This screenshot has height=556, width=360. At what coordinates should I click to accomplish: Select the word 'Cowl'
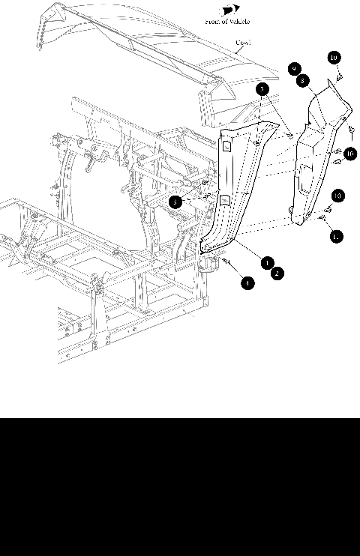[242, 43]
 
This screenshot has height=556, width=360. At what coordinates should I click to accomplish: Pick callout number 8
[301, 79]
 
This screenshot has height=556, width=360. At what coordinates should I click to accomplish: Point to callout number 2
[277, 274]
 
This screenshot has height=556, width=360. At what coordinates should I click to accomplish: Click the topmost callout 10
[334, 58]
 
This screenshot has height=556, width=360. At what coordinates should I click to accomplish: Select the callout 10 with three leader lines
[349, 154]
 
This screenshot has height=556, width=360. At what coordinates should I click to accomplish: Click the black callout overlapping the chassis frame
[174, 202]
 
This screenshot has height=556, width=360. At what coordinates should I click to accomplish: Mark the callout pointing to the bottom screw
[247, 283]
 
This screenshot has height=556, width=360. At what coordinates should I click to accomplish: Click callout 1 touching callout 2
[266, 263]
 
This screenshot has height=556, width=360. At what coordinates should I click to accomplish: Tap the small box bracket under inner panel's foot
[208, 264]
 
